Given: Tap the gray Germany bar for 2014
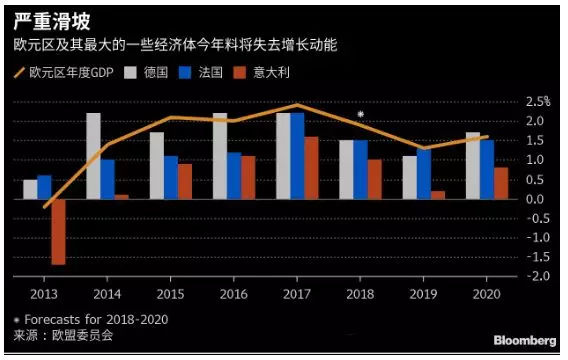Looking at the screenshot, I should [x=93, y=156].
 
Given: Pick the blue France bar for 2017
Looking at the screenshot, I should [x=297, y=156].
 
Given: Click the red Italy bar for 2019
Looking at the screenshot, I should [x=438, y=195].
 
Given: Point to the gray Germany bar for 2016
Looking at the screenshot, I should [x=219, y=156].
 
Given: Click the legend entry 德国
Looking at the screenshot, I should [x=151, y=73].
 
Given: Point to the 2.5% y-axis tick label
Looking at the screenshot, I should [x=537, y=102].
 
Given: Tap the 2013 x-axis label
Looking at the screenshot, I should [x=44, y=294].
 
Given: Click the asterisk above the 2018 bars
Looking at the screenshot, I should [x=360, y=115].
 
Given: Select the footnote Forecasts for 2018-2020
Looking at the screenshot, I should [x=89, y=319].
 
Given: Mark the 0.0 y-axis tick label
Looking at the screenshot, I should [x=537, y=199].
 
